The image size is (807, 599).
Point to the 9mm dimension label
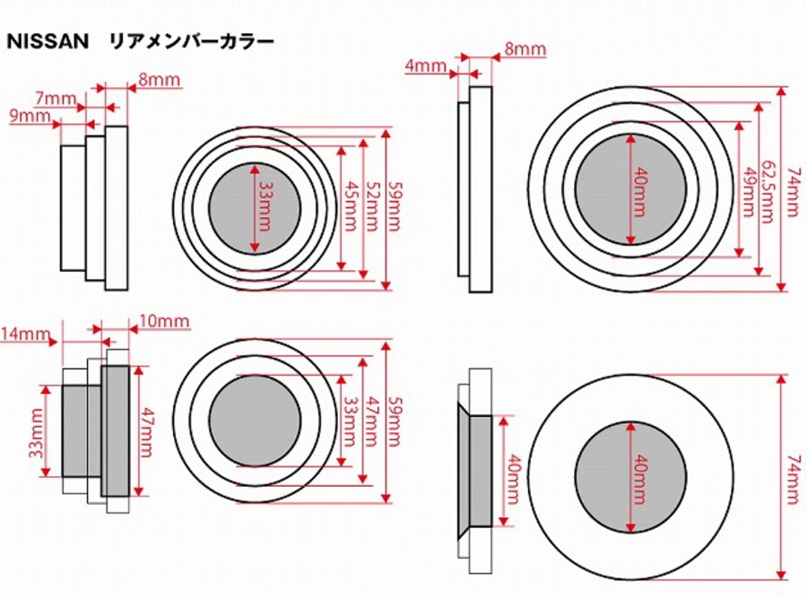point(30,117)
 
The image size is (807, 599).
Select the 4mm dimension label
point(425,65)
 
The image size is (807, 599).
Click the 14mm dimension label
point(25,335)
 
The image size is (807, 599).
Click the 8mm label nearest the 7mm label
point(160,81)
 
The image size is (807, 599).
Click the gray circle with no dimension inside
point(255,421)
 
